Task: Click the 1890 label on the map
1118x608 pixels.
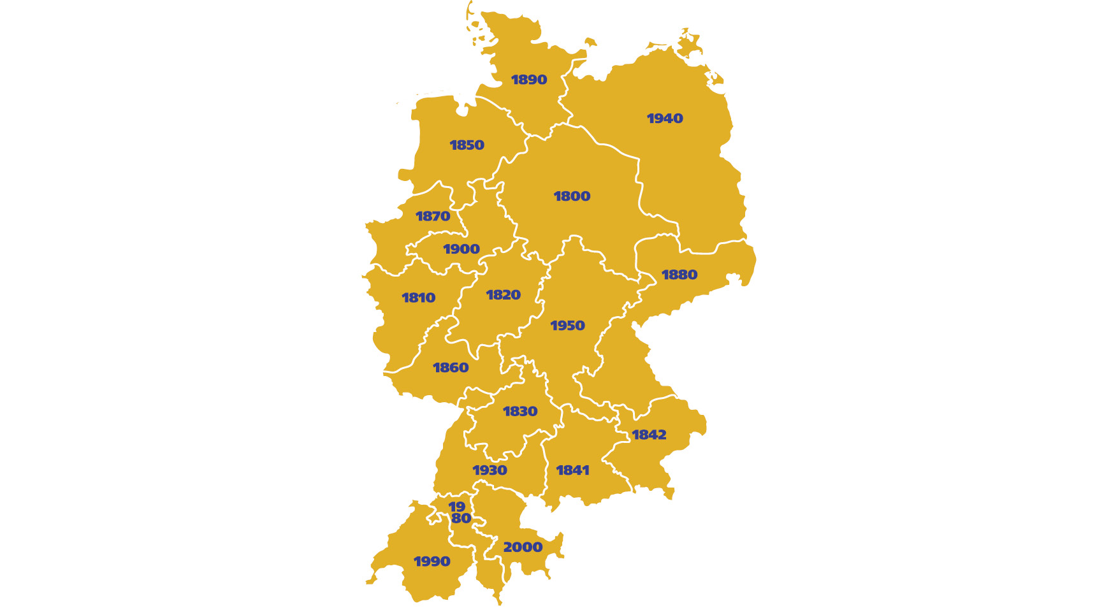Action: tap(529, 80)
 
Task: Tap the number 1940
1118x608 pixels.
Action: tap(665, 119)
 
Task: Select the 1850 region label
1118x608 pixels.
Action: tap(467, 145)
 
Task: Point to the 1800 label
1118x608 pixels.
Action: tap(572, 196)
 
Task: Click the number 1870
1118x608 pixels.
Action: tap(433, 217)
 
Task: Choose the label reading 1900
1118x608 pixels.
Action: tap(461, 249)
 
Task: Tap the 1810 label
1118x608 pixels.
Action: tap(418, 298)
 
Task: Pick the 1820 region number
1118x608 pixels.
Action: tap(503, 295)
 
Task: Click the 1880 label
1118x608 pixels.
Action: tap(679, 275)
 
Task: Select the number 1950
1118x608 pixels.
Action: tap(567, 326)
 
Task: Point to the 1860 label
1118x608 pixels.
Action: tap(451, 368)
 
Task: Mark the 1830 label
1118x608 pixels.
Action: tap(520, 412)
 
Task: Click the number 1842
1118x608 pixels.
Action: tap(649, 435)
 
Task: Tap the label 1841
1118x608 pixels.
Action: tap(572, 470)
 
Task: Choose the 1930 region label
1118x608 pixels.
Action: tap(490, 470)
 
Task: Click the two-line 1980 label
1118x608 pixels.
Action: tap(459, 512)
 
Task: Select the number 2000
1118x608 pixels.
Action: tap(523, 547)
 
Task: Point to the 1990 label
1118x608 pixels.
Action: tap(432, 561)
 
